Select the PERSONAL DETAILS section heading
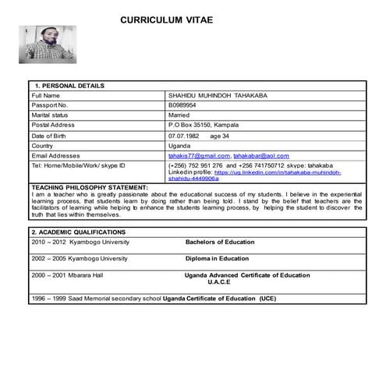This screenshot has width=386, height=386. [69, 85]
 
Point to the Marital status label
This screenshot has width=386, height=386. [51, 115]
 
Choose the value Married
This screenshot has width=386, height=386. [179, 115]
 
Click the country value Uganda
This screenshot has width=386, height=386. [179, 145]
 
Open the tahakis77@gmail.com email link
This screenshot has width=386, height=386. [199, 155]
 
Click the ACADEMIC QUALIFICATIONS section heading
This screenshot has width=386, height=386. [77, 232]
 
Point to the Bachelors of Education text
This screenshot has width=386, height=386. [220, 242]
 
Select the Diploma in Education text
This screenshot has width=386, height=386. [217, 258]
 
